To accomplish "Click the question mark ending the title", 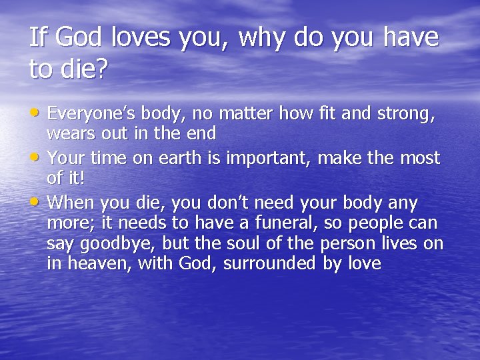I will tap(101, 69).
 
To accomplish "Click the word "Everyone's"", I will tap(93, 115).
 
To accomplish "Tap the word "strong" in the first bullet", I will tap(407, 115).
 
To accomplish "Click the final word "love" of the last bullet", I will tap(363, 264).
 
